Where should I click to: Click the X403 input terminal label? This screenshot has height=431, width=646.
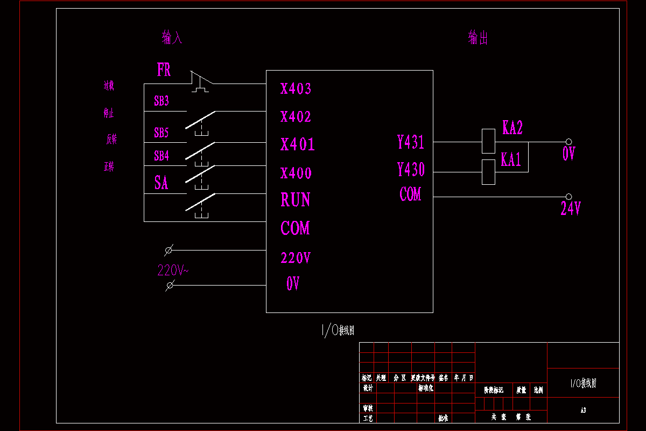pyautogui.click(x=296, y=89)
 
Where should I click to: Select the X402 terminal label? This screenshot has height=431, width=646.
pyautogui.click(x=296, y=117)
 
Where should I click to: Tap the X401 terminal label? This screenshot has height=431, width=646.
pyautogui.click(x=297, y=144)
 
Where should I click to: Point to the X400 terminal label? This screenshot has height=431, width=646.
pyautogui.click(x=296, y=173)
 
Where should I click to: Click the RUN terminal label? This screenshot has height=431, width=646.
pyautogui.click(x=295, y=200)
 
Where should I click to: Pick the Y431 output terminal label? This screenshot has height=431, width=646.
pyautogui.click(x=411, y=142)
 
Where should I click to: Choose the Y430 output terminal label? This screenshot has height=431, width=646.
pyautogui.click(x=411, y=170)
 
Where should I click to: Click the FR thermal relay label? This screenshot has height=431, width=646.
pyautogui.click(x=164, y=70)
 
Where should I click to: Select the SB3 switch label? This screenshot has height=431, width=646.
pyautogui.click(x=161, y=101)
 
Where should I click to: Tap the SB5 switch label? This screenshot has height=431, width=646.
pyautogui.click(x=161, y=133)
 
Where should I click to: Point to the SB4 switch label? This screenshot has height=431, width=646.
pyautogui.click(x=161, y=156)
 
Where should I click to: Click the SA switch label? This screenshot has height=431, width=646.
pyautogui.click(x=161, y=183)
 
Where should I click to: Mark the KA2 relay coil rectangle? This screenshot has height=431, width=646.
pyautogui.click(x=488, y=141)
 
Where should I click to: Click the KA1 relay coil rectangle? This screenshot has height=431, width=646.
pyautogui.click(x=488, y=172)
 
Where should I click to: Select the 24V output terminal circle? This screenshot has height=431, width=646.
pyautogui.click(x=568, y=197)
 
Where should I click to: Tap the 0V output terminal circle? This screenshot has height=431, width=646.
pyautogui.click(x=568, y=142)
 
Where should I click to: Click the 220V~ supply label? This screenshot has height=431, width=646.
pyautogui.click(x=173, y=270)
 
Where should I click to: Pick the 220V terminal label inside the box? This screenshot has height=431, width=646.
pyautogui.click(x=296, y=258)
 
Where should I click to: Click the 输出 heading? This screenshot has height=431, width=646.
pyautogui.click(x=478, y=38)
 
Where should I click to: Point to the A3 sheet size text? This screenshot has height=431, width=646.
pyautogui.click(x=583, y=411)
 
